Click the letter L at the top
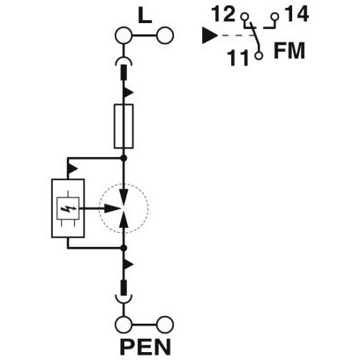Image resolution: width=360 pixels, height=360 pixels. [145, 16]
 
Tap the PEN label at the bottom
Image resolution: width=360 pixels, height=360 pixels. [146, 347]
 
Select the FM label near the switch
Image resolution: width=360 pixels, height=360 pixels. [289, 51]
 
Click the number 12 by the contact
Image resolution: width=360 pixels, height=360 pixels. [224, 14]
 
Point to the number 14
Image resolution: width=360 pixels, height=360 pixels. [296, 14]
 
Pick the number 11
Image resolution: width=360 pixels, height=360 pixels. [238, 57]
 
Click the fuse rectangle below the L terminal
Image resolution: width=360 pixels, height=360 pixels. [124, 126]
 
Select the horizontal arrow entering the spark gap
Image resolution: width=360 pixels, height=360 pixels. [101, 208]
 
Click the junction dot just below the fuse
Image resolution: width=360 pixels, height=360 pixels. [124, 158]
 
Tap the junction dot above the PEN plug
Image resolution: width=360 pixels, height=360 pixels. [124, 249]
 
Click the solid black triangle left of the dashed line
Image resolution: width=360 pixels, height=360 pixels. [209, 35]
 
